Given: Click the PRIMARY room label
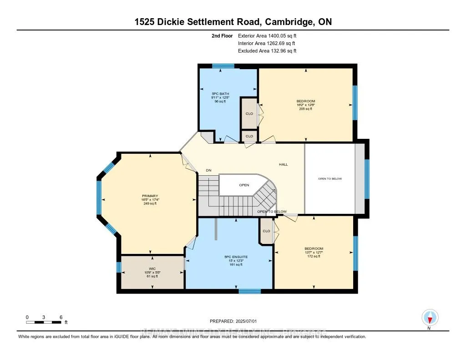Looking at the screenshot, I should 149,196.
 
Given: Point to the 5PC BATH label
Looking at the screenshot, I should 220,94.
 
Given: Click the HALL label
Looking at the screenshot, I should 284,164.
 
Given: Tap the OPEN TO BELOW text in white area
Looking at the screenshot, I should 329,178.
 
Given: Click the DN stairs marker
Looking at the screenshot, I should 208,170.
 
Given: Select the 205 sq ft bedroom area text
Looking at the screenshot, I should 305,109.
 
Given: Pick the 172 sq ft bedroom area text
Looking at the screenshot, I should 313,256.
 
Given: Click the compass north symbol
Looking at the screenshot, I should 430,317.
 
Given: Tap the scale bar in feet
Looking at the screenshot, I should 44,322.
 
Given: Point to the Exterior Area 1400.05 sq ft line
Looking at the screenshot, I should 267,35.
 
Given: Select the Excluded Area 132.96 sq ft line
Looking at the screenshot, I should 267,51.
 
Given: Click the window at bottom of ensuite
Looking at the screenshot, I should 249,291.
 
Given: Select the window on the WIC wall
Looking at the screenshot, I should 119,266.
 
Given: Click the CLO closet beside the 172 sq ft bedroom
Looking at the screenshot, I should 266,231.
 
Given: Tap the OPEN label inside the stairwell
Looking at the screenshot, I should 244,185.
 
